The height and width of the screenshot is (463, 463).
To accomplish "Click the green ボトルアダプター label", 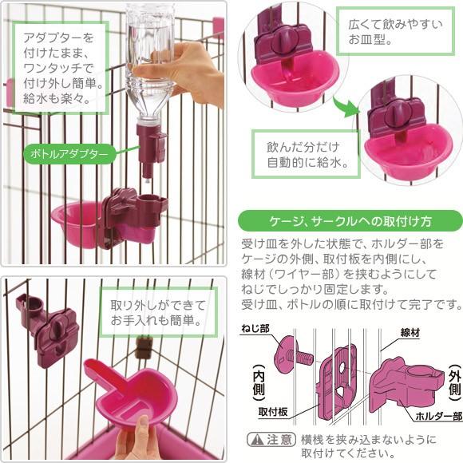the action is coord(69,154).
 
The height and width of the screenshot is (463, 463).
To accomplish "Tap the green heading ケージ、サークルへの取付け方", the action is coord(350,220).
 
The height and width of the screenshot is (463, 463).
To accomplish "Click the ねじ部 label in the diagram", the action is coord(255,328).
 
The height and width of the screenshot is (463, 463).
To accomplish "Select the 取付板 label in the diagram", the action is coord(273,412).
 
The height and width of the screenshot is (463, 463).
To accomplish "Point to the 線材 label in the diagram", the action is coord(410,333).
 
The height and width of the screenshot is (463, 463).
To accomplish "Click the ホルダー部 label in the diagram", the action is coord(439,416).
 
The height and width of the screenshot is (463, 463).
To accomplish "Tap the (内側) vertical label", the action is coord(259,382).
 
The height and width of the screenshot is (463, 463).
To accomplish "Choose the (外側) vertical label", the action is coord(455,382).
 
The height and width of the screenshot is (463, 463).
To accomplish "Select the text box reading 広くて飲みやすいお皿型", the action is coord(395,31).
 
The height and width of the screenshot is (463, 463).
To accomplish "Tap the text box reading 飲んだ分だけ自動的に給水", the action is coord(306,154).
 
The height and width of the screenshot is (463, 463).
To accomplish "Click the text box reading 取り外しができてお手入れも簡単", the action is coord(159,312).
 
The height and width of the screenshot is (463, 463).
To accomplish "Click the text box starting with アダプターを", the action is coord(60,68).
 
